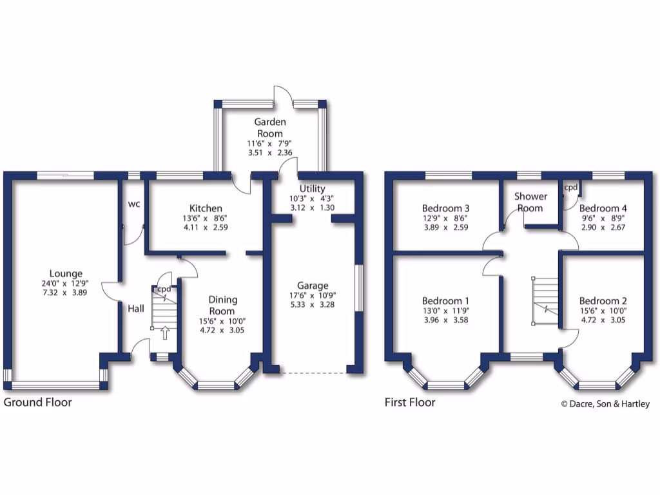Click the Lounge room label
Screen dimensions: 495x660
pyautogui.click(x=64, y=274)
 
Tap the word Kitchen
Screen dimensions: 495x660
pyautogui.click(x=206, y=208)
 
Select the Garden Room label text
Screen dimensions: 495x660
pyautogui.click(x=269, y=127)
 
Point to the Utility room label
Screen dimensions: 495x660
pyautogui.click(x=313, y=188)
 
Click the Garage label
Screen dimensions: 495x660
pyautogui.click(x=313, y=286)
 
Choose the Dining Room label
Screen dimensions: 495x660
pyautogui.click(x=223, y=305)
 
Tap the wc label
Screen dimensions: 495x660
pyautogui.click(x=134, y=204)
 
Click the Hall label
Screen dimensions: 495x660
pyautogui.click(x=135, y=309)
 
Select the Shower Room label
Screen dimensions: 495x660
pyautogui.click(x=530, y=202)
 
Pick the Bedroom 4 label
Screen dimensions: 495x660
pyautogui.click(x=603, y=208)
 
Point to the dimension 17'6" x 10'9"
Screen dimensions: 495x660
pyautogui.click(x=313, y=295)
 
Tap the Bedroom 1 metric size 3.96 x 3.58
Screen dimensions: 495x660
pyautogui.click(x=445, y=320)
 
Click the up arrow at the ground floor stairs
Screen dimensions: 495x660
pyautogui.click(x=164, y=333)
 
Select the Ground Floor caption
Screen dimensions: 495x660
pyautogui.click(x=38, y=402)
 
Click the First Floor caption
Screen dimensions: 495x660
pyautogui.click(x=410, y=402)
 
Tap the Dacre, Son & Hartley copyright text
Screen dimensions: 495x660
pyautogui.click(x=605, y=404)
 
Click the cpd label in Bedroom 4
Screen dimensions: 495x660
pyautogui.click(x=570, y=188)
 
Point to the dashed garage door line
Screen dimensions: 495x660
pyautogui.click(x=313, y=373)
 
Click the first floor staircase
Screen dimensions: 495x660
pyautogui.click(x=545, y=300)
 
